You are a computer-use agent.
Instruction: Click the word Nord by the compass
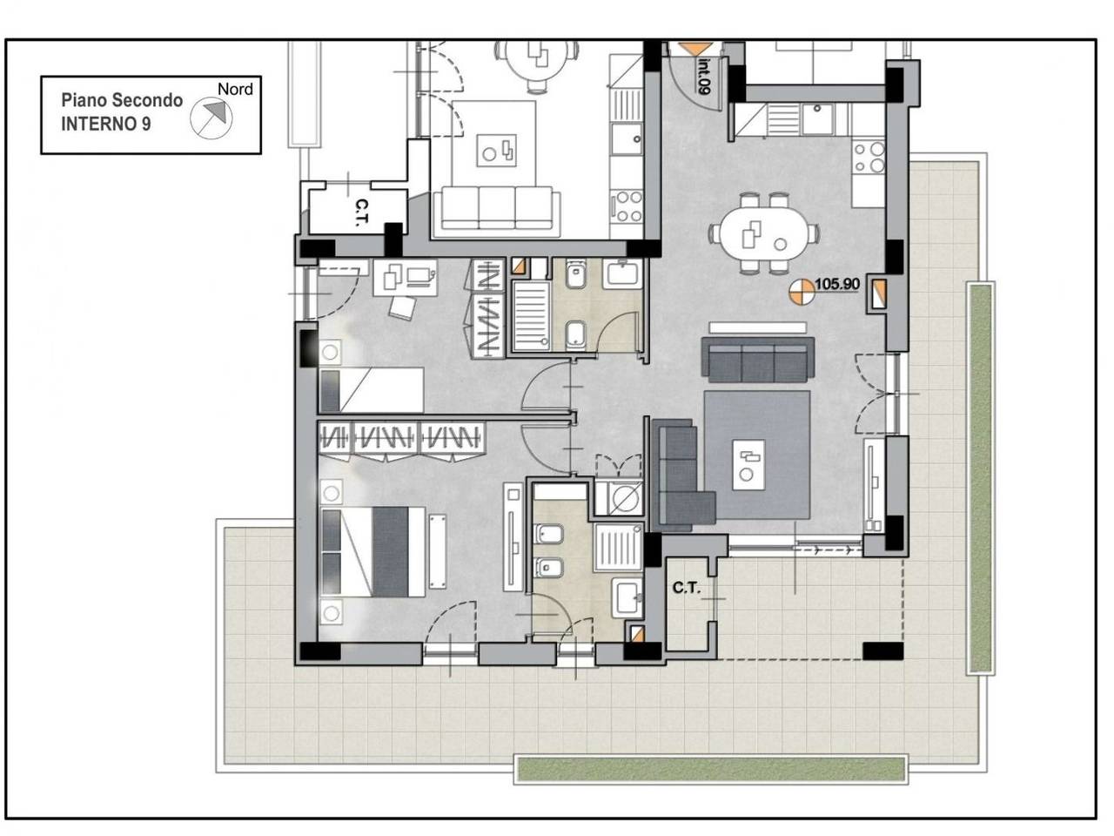(235, 90)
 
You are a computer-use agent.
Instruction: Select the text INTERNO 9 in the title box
(106, 125)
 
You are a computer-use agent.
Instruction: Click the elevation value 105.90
(837, 284)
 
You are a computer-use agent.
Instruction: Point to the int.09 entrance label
(704, 75)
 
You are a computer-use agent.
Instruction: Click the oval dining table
(764, 233)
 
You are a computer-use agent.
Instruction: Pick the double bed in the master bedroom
(373, 552)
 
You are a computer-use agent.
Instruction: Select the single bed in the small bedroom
(372, 390)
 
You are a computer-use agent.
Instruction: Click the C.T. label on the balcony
(686, 589)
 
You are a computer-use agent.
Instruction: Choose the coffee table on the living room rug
(748, 465)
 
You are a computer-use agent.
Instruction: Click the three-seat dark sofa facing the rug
(758, 360)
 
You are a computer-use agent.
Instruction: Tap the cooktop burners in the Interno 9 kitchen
(869, 158)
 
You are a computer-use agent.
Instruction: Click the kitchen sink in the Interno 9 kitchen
(817, 118)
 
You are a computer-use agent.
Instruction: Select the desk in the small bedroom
(405, 278)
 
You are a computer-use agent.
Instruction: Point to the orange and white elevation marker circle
(801, 293)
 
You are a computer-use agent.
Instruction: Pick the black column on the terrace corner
(883, 651)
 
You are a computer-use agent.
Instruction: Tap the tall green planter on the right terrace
(980, 477)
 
